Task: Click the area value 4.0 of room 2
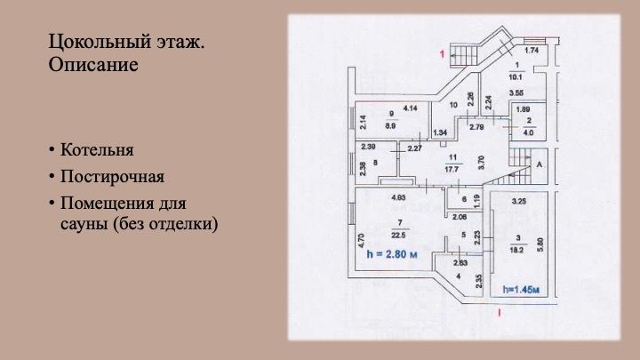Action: pos(528,134)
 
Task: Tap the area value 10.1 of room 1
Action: pos(516,77)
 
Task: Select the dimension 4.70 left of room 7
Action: pos(361,240)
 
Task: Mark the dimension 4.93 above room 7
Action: pos(398,196)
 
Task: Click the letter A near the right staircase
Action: pos(540,165)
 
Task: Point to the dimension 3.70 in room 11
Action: pos(480,162)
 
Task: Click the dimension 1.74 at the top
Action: pos(532,51)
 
